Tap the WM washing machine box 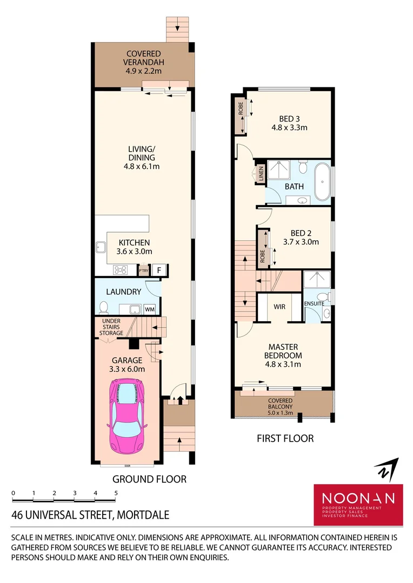click(x=149, y=309)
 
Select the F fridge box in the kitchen click(x=159, y=270)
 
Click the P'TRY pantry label click(x=144, y=270)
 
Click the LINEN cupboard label click(x=261, y=174)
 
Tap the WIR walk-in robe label click(x=279, y=307)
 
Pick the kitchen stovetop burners click(x=120, y=270)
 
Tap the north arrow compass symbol click(x=388, y=469)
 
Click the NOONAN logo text click(x=358, y=498)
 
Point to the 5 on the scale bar click(x=116, y=493)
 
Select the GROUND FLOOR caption click(x=149, y=479)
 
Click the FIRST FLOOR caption click(x=285, y=438)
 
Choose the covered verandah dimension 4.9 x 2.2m click(x=143, y=71)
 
